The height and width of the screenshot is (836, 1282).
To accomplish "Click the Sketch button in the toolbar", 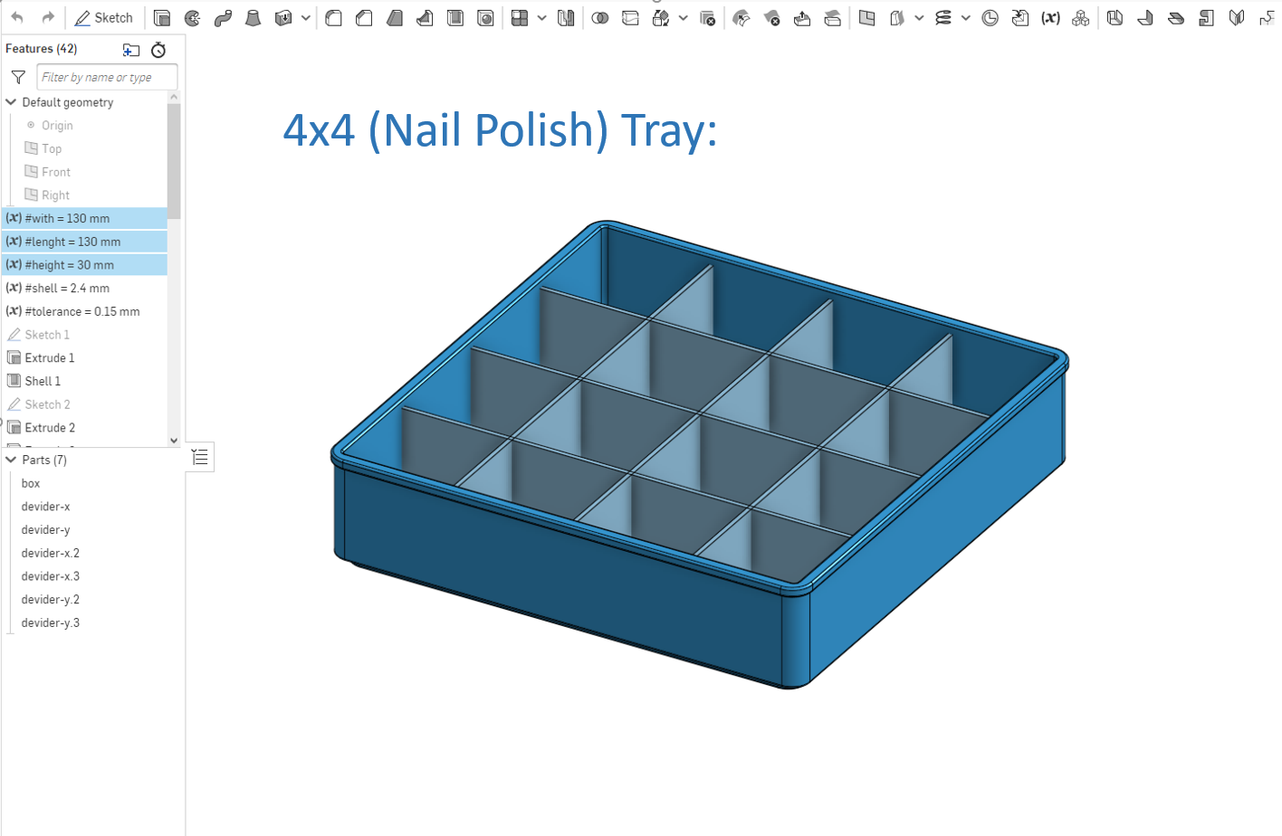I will [104, 18].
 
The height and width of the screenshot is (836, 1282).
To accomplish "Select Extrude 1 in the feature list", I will [49, 358].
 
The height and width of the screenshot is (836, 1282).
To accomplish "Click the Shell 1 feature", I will [43, 381].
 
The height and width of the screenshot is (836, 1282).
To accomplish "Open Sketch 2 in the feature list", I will [47, 404].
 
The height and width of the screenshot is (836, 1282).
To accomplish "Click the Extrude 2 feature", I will [49, 428].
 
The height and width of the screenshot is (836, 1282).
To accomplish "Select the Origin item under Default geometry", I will [56, 126].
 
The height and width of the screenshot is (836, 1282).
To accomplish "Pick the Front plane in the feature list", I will [55, 172].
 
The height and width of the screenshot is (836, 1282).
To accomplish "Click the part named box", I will [31, 483].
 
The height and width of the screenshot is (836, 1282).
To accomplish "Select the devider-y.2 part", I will [51, 599].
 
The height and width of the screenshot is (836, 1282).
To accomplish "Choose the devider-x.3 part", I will [51, 576].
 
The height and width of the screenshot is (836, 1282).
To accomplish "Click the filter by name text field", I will [106, 78].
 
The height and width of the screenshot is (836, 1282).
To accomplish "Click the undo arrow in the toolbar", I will [17, 18].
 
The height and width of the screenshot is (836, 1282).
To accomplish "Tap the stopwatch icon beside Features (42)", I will [158, 50].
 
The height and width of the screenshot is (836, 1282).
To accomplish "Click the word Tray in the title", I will [668, 130].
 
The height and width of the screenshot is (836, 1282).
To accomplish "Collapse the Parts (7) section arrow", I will [12, 460].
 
